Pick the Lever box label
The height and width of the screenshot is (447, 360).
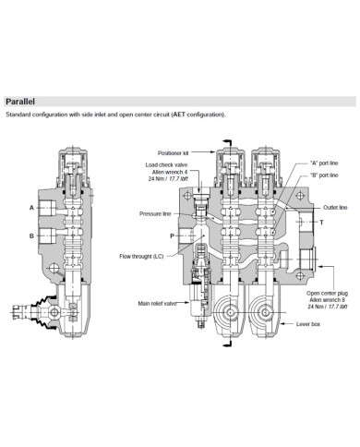click(308, 325)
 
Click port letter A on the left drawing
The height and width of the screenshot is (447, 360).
click(30, 208)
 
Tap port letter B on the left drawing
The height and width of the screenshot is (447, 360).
click(30, 236)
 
